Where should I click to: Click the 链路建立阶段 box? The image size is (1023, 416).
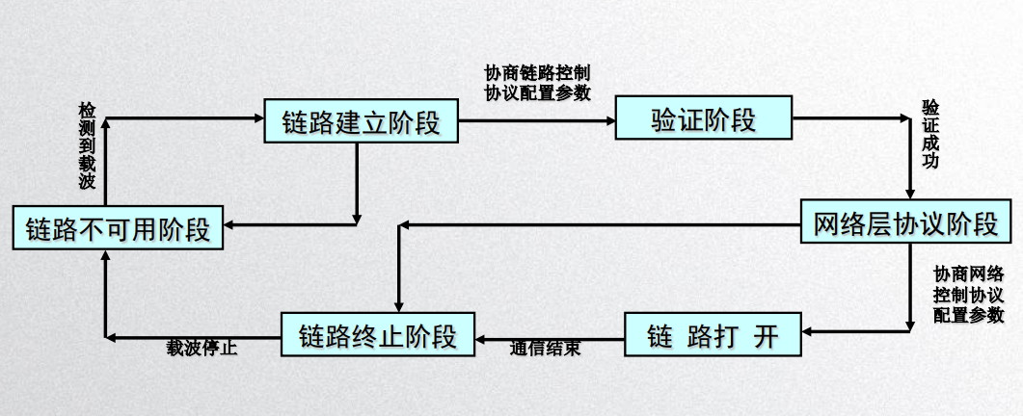pyautogui.click(x=361, y=120)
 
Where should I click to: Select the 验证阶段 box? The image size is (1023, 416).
pyautogui.click(x=703, y=117)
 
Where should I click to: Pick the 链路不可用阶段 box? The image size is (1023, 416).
pyautogui.click(x=118, y=227)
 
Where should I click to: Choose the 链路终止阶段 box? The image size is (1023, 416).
pyautogui.click(x=378, y=334)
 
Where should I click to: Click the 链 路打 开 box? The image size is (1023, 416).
pyautogui.click(x=713, y=334)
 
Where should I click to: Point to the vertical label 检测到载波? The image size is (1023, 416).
pyautogui.click(x=88, y=145)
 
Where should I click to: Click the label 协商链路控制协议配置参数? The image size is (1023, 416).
pyautogui.click(x=538, y=82)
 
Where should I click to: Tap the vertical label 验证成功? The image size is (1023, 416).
pyautogui.click(x=930, y=134)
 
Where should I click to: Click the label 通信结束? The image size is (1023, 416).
pyautogui.click(x=545, y=349)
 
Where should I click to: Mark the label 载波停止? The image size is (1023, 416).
pyautogui.click(x=202, y=349)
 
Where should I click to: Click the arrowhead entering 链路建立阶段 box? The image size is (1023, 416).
pyautogui.click(x=258, y=118)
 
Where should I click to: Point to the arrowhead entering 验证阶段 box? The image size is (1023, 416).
pyautogui.click(x=609, y=120)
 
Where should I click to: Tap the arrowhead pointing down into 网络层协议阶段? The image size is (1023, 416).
pyautogui.click(x=910, y=195)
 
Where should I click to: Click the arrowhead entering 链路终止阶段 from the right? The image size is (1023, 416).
pyautogui.click(x=481, y=340)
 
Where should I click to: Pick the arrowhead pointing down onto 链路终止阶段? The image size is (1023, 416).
pyautogui.click(x=399, y=307)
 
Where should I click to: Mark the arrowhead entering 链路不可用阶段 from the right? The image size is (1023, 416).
pyautogui.click(x=229, y=225)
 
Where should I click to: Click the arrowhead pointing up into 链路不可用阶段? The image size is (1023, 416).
pyautogui.click(x=105, y=255)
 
